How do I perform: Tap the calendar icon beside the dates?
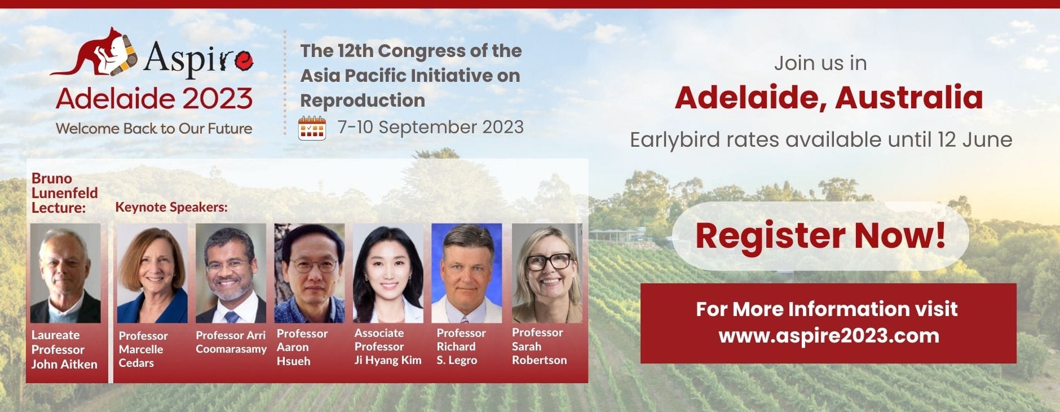coord(312,128)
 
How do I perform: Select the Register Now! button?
coord(820,235)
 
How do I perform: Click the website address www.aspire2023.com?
coord(829,335)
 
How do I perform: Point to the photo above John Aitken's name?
coord(65,273)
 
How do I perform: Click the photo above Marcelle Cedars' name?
coord(152,273)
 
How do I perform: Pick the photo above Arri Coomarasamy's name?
coord(231,273)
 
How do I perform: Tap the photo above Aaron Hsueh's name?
coord(310,273)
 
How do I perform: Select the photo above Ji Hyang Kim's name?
coord(388,273)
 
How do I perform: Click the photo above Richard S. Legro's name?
coord(466,273)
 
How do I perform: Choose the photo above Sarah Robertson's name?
coord(547,273)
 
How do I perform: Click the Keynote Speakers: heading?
coord(171,207)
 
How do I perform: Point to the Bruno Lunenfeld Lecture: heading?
coord(64,193)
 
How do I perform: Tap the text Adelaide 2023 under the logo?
coord(154,98)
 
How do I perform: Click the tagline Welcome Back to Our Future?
coord(154,129)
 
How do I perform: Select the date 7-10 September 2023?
coord(431,127)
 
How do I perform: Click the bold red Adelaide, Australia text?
coord(829,97)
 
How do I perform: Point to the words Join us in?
coord(820,63)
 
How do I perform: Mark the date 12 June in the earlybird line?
coord(975,139)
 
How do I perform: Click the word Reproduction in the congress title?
coord(363,100)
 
